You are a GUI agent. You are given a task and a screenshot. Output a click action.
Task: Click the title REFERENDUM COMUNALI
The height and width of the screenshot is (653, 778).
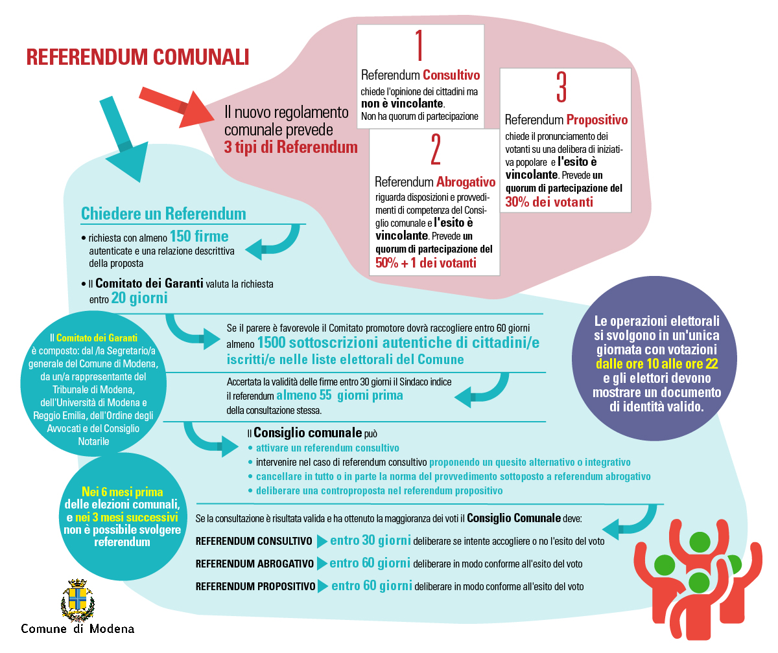point(137,57)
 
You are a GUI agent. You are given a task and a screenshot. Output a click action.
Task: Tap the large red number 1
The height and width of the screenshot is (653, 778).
point(419,45)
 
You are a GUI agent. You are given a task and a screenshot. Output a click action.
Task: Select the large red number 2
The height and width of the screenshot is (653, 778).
point(435,151)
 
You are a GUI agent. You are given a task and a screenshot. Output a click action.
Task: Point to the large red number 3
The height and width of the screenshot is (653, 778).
point(561,89)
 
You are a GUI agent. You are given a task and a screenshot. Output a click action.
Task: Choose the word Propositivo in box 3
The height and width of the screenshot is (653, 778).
point(597,120)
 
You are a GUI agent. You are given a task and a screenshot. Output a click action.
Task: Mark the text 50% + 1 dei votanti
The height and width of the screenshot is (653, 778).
point(426,263)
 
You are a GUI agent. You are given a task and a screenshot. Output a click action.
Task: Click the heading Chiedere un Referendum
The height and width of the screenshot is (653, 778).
point(163,213)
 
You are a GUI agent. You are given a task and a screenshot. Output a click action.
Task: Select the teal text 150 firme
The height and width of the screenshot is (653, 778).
point(199,235)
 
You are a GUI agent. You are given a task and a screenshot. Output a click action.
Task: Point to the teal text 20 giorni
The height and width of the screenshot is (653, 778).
point(139,299)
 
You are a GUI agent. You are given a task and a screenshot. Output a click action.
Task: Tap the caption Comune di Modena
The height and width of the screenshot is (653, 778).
point(78,629)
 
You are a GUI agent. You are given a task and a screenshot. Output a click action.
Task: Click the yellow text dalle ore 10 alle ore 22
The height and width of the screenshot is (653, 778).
point(657,364)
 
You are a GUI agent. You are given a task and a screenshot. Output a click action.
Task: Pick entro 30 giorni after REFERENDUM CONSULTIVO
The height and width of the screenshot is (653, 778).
point(370,540)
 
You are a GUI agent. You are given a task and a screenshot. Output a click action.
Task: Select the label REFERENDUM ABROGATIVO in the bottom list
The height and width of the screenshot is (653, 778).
point(255,564)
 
